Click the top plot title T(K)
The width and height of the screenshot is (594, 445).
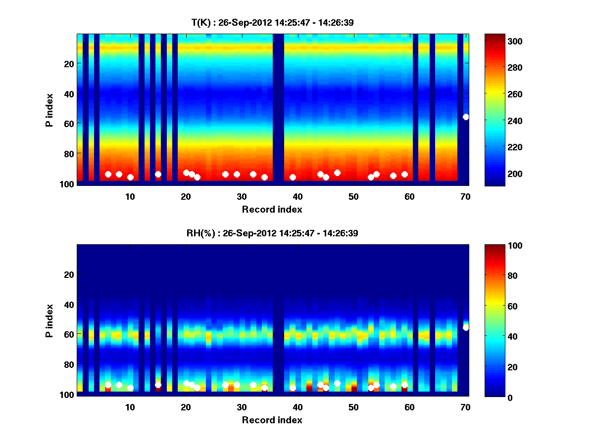tap(273, 22)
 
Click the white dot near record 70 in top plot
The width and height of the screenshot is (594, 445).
tap(466, 117)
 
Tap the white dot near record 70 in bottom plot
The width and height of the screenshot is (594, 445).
tap(466, 327)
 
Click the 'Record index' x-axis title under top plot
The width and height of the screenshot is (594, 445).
tap(272, 209)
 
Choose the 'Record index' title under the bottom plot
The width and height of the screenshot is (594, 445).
tap(272, 420)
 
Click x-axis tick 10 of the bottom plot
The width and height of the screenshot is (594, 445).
tap(130, 407)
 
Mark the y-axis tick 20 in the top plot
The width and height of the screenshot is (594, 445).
tap(68, 63)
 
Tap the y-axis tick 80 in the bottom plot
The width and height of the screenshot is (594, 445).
tap(68, 364)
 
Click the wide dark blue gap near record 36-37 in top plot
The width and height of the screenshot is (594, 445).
tap(279, 109)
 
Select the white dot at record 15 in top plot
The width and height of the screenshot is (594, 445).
tap(158, 174)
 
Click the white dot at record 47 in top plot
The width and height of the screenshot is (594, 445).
tap(337, 173)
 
